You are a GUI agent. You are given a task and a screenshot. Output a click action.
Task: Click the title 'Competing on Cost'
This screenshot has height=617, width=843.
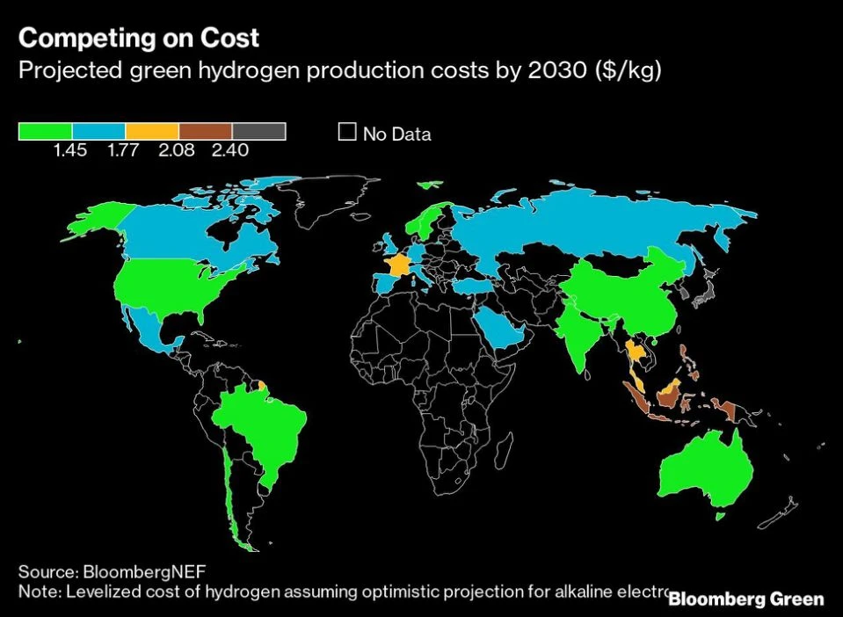(139, 38)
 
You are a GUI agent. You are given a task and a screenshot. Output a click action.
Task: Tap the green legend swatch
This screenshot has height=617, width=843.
(45, 131)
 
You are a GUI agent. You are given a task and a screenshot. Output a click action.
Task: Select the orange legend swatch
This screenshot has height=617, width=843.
(152, 131)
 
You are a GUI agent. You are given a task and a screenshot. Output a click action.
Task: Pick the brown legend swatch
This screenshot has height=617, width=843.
(206, 131)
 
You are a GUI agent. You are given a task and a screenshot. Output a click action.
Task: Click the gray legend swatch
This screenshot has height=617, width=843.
(259, 131)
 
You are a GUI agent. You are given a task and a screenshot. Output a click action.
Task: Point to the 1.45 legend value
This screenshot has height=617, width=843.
(70, 150)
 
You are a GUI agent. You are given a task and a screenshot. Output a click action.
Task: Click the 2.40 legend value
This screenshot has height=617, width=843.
(230, 150)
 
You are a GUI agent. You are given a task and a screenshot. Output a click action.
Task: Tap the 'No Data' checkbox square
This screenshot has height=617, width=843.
(347, 133)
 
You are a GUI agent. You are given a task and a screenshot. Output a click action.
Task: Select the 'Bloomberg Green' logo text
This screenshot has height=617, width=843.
(746, 599)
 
